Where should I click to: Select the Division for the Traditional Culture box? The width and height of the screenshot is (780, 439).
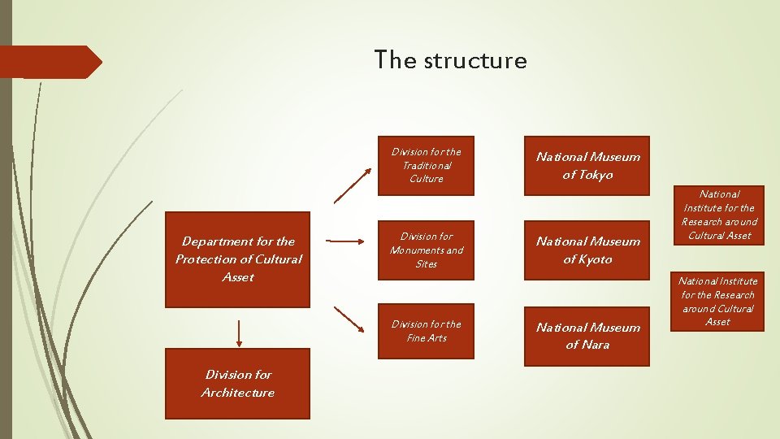426,166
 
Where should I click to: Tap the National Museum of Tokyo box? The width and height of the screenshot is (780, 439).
587,166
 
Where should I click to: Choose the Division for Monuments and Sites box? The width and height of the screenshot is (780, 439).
426,250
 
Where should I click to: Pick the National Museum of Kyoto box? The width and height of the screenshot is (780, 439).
587,250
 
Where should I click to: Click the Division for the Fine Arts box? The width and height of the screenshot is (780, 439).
426,332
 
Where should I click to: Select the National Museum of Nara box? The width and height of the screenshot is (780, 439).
587,336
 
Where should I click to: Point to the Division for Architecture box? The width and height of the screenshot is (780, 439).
237,384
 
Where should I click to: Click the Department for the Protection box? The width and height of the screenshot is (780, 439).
237,259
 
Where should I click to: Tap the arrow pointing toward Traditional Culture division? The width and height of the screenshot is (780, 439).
353,185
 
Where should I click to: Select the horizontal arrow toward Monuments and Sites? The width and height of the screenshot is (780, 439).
345,241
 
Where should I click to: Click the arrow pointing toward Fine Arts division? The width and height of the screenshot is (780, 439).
349,319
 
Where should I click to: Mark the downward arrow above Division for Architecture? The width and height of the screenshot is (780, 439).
239,332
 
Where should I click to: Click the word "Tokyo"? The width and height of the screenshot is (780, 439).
598,175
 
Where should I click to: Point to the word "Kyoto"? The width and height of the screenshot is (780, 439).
598,259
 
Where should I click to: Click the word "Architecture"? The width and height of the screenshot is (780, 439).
238,393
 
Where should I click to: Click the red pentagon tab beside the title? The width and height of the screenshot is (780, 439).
50,62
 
